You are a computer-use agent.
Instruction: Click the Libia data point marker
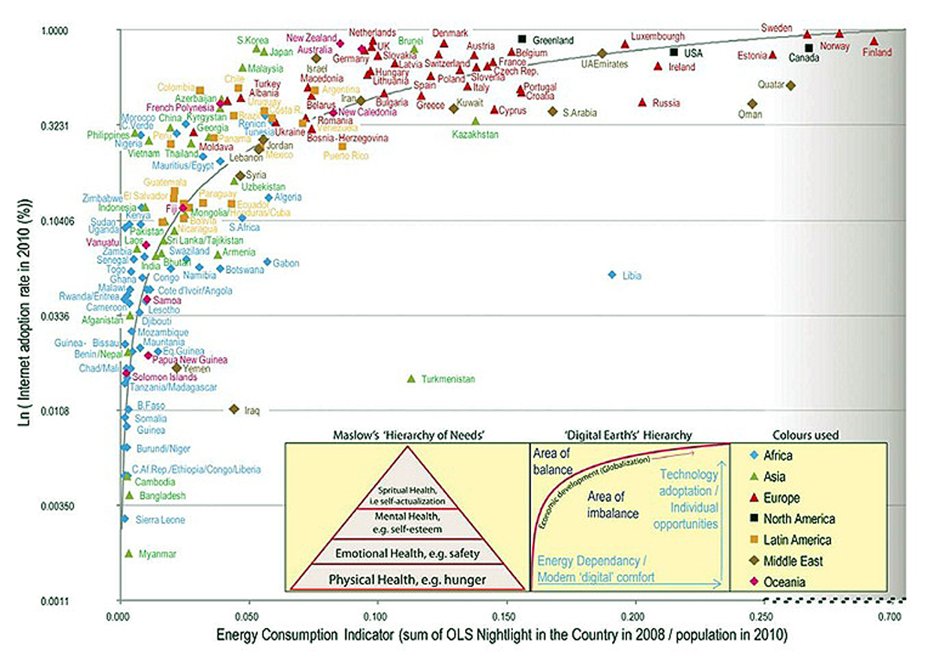(612, 275)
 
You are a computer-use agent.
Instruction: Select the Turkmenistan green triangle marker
(410, 378)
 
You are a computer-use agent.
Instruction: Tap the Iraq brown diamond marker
(234, 409)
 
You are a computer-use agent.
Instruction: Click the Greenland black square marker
(522, 39)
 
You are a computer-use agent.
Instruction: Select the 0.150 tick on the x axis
(507, 615)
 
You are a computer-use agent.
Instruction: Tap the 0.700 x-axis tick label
(889, 615)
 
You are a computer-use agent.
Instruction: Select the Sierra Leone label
(160, 520)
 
